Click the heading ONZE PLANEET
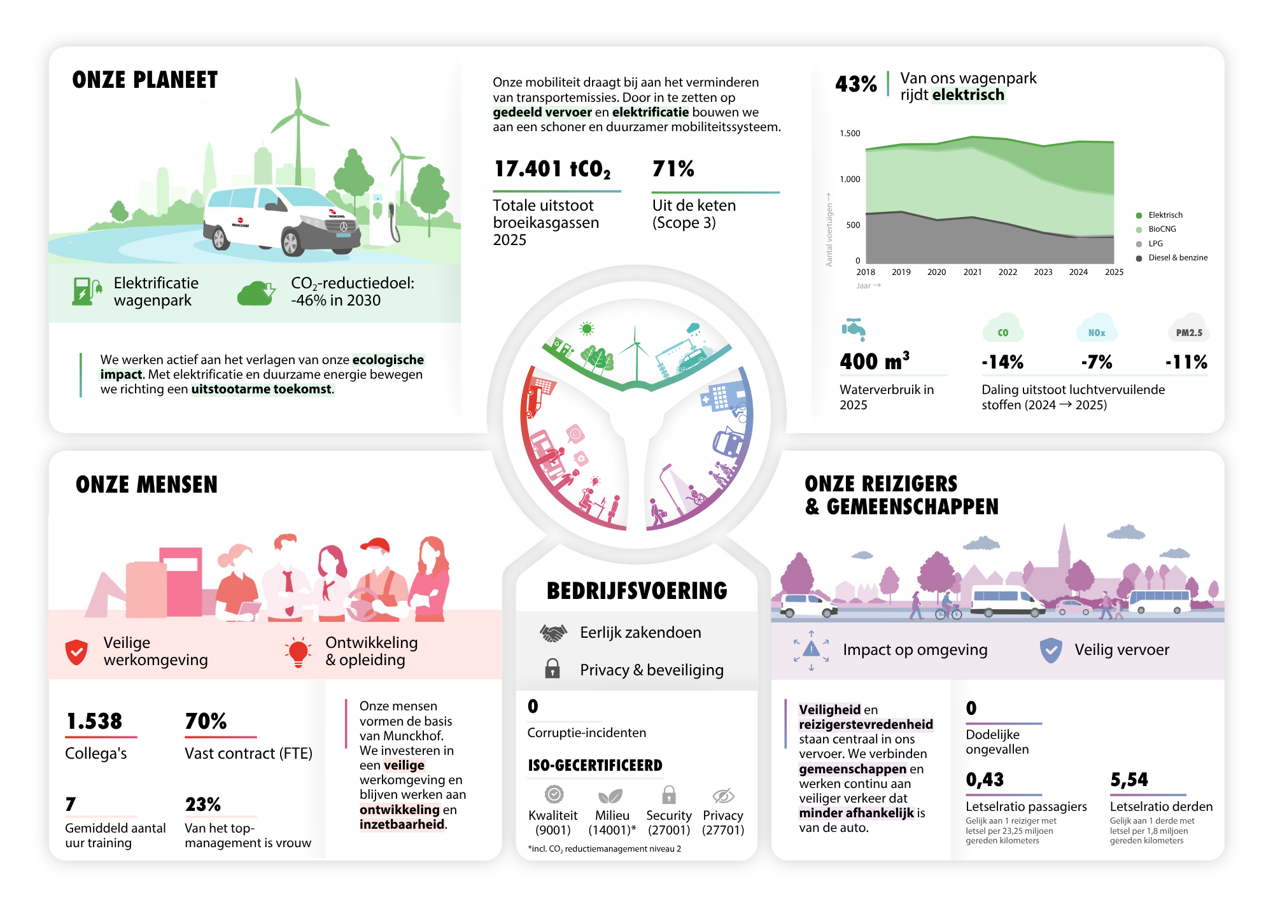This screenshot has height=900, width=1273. coord(145,80)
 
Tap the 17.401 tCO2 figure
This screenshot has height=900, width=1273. coord(552,169)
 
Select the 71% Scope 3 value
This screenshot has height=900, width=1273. coord(673,169)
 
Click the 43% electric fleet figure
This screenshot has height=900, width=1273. coord(856,84)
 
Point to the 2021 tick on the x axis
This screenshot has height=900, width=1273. coord(972,272)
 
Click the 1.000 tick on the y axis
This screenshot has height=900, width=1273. coord(850,179)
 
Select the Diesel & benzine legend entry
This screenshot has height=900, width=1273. coord(1172,258)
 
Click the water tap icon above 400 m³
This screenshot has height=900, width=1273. coord(854,329)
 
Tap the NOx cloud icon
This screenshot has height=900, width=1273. coord(1096,329)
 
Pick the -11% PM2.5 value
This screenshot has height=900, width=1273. coord(1186,362)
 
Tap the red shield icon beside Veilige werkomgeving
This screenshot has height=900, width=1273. coord(76,652)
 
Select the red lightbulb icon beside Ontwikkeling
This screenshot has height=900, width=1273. coord(298,652)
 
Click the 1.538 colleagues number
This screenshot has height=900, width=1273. coord(94,721)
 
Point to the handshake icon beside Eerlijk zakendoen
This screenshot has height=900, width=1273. coord(553,633)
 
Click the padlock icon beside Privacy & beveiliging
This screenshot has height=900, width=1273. coord(552,668)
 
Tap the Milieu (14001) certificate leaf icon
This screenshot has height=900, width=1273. coord(610,796)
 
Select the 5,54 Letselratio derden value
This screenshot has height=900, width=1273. coord(1129,780)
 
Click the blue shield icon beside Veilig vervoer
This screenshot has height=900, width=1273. coord(1051,650)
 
